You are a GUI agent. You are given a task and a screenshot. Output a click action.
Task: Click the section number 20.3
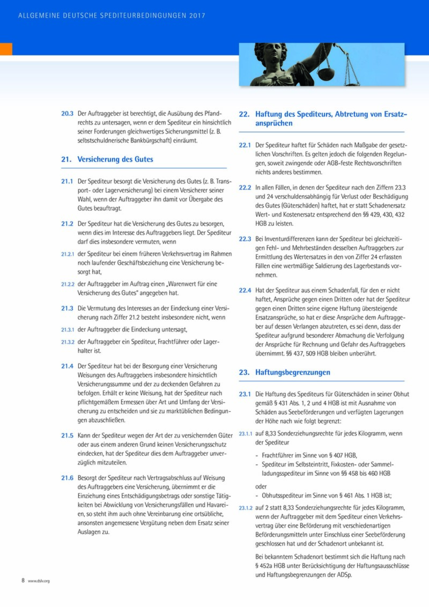click(x=67, y=114)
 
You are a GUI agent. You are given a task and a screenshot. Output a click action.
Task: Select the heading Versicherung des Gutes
click(x=115, y=159)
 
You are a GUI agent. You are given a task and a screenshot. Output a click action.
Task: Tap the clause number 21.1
click(x=67, y=182)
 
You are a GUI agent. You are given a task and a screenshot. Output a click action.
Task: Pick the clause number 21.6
click(x=67, y=477)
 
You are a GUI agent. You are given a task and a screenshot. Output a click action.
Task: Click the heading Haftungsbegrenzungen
click(x=293, y=372)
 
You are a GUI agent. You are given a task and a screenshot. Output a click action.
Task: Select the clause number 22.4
click(x=245, y=290)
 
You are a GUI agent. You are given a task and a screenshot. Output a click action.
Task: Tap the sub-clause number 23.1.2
click(x=246, y=508)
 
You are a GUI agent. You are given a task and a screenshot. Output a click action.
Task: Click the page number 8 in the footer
click(x=23, y=580)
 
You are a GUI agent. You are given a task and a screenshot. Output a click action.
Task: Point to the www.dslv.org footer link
click(x=39, y=581)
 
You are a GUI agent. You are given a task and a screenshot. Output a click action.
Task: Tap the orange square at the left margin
click(x=6, y=49)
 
